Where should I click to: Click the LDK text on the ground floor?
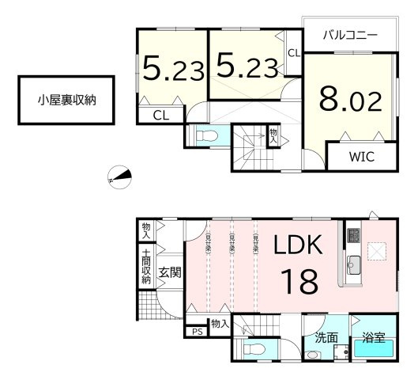tap(298, 245)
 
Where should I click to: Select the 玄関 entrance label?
tap(170, 273)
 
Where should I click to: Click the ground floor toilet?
tap(254, 351)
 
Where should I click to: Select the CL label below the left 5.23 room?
tap(160, 116)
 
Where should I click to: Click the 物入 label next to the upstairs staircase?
tap(273, 135)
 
